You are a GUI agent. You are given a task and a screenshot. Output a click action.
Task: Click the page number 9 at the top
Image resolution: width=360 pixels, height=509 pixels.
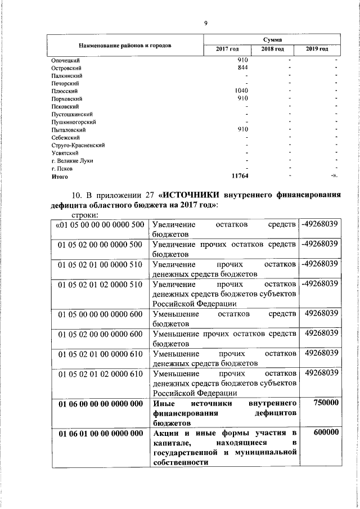pyautogui.click(x=206, y=23)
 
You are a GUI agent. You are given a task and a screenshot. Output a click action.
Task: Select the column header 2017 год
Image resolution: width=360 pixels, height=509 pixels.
pyautogui.click(x=228, y=50)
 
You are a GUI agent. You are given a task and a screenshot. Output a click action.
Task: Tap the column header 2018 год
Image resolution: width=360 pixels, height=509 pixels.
pyautogui.click(x=272, y=50)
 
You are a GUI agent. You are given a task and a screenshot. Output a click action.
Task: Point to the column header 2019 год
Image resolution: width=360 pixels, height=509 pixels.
pyautogui.click(x=317, y=50)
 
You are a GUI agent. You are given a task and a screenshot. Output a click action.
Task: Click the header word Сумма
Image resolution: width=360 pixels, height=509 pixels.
pyautogui.click(x=272, y=40)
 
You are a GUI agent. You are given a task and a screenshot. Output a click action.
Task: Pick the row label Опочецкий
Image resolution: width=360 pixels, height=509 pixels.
pyautogui.click(x=65, y=60)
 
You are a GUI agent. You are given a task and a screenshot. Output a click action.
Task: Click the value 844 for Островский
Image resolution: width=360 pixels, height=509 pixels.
pyautogui.click(x=243, y=67)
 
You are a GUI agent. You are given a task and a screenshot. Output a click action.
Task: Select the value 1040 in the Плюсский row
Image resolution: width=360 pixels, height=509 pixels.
pyautogui.click(x=241, y=91)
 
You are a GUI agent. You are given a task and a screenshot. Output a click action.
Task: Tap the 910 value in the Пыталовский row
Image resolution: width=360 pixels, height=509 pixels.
pyautogui.click(x=243, y=129)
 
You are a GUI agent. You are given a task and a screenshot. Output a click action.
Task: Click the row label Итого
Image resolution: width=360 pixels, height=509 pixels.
pyautogui.click(x=60, y=176)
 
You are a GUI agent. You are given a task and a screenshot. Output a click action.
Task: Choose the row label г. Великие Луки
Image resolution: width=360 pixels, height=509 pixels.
pyautogui.click(x=72, y=160)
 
